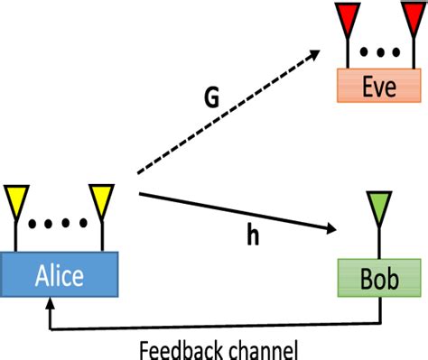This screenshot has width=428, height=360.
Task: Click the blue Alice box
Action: coord(60,276)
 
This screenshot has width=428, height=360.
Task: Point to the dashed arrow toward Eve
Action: coord(226,113)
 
